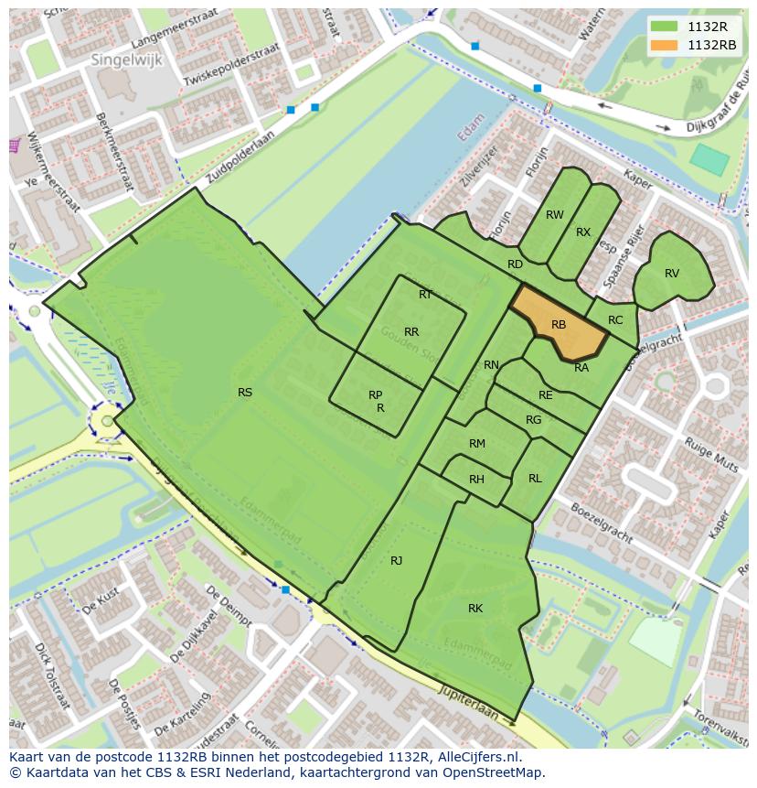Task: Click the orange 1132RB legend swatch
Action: point(665,45)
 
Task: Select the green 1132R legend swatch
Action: point(665,27)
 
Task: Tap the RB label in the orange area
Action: point(559,325)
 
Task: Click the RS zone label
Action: point(245,393)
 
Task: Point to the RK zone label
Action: point(475,609)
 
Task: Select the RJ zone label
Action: point(396,560)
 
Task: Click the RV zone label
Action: point(672,274)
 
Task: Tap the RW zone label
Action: point(554,215)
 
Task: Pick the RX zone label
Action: point(583,232)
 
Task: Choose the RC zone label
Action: point(615,320)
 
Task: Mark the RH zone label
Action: point(476,480)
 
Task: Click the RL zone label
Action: point(535,479)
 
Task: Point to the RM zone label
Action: point(476,444)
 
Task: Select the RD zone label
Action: point(515,264)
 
